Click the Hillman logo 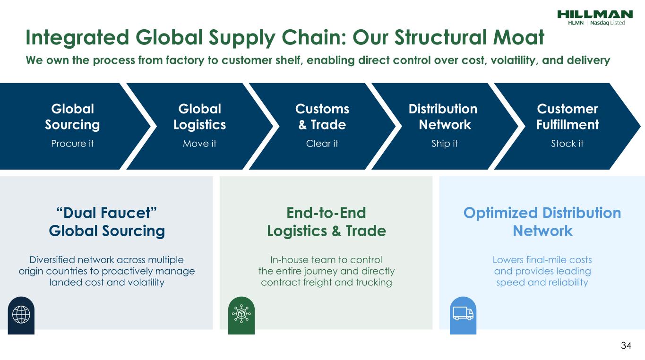click(594, 15)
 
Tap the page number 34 click(626, 346)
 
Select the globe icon click(21, 314)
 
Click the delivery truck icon click(463, 314)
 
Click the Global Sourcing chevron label click(72, 117)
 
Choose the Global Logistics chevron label click(199, 117)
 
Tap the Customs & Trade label click(322, 117)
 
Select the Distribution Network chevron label click(443, 117)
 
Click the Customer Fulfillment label click(567, 117)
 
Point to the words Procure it click(72, 144)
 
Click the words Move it click(199, 144)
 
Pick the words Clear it click(322, 144)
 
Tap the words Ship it click(444, 144)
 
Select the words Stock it click(567, 144)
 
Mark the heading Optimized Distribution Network click(542, 222)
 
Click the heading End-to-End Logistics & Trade click(326, 222)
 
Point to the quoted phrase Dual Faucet click(107, 213)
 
